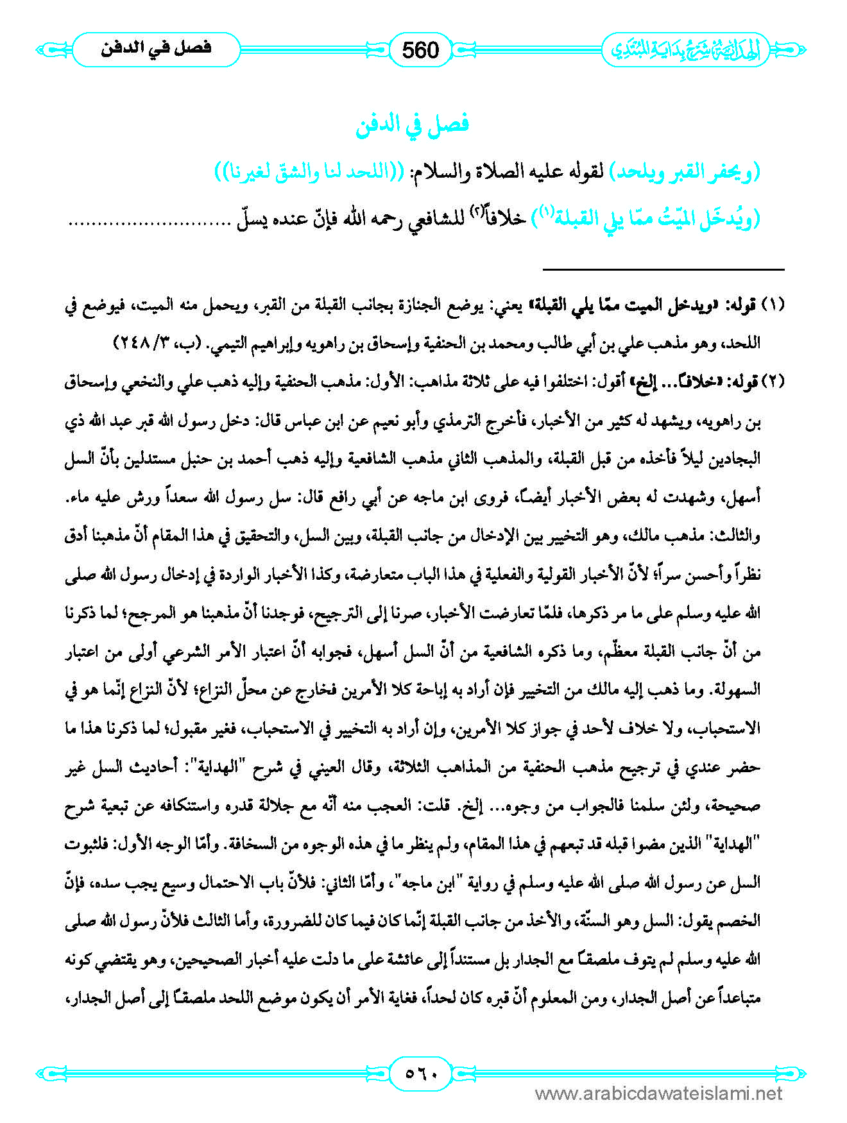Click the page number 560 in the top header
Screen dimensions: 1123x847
click(420, 49)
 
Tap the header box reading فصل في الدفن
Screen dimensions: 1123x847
click(156, 49)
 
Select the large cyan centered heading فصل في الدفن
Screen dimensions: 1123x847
click(412, 124)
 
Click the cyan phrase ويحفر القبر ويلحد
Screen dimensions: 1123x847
click(684, 173)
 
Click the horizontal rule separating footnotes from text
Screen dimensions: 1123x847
click(663, 269)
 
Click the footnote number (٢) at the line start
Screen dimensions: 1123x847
click(773, 382)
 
